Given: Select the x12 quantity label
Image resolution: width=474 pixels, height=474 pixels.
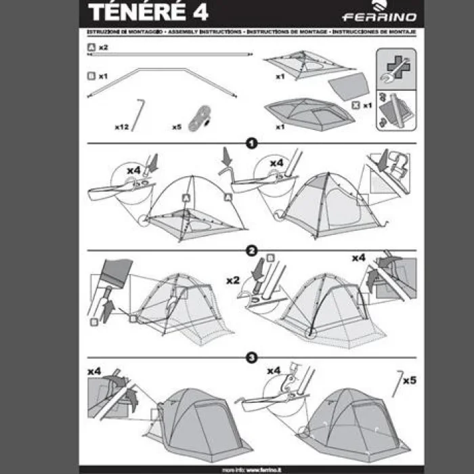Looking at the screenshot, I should tap(122, 127).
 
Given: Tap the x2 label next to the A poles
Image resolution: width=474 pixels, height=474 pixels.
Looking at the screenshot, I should tap(104, 47).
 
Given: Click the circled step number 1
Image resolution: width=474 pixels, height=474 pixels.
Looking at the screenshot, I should tap(251, 144).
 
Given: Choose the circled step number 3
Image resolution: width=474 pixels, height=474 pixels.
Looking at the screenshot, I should tap(251, 358).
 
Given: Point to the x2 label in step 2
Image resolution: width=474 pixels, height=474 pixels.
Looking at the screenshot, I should tap(234, 280).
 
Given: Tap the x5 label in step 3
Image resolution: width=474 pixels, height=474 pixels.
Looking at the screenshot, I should tap(409, 381).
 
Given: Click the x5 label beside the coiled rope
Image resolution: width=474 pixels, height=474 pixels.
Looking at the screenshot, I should tap(177, 127).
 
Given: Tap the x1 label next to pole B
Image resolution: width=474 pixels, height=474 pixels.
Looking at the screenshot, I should tap(103, 77).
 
